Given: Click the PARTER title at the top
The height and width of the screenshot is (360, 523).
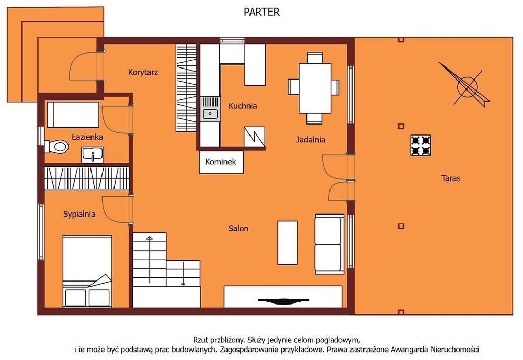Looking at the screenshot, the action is (x=261, y=12).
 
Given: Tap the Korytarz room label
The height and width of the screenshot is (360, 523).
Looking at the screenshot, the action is (x=143, y=72).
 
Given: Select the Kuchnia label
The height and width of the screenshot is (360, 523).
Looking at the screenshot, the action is (x=243, y=106).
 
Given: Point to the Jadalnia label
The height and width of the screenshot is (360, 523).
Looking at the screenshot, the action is (x=310, y=140).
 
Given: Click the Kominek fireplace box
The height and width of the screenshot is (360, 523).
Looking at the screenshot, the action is (x=221, y=162).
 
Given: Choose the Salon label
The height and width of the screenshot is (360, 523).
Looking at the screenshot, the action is (x=238, y=229).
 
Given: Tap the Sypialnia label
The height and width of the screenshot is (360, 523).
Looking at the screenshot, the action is (x=79, y=214).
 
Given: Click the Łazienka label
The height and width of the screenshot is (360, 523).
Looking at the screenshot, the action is (x=87, y=137).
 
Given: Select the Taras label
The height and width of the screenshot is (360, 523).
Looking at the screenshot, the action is (x=451, y=178).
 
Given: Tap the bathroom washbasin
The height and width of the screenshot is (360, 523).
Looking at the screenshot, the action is (x=93, y=155).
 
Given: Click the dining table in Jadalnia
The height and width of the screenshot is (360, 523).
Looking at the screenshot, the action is (x=315, y=88).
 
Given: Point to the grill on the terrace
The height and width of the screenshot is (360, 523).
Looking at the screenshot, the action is (x=420, y=145).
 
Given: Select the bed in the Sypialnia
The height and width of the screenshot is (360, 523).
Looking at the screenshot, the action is (x=87, y=271).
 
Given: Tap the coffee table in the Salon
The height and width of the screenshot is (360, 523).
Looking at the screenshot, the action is (x=288, y=243).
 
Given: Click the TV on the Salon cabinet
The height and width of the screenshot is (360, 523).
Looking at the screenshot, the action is (x=283, y=301).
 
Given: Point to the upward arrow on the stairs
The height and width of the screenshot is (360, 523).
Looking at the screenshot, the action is (x=150, y=260).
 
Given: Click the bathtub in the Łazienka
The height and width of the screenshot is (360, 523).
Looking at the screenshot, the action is (x=73, y=115).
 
